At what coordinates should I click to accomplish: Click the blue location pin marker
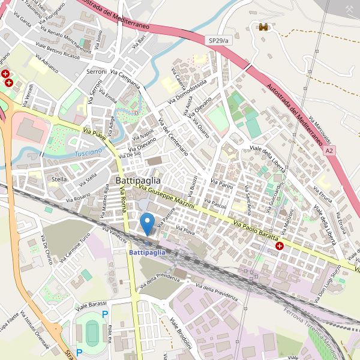[147, 224]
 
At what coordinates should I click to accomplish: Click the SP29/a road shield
[220, 40]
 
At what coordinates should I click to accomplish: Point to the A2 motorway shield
[329, 151]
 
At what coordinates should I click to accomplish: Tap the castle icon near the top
[263, 26]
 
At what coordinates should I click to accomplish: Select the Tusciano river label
[88, 154]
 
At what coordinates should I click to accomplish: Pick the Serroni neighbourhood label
[96, 71]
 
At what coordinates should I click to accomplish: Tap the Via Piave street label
[95, 135]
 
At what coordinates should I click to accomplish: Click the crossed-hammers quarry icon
[349, 10]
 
